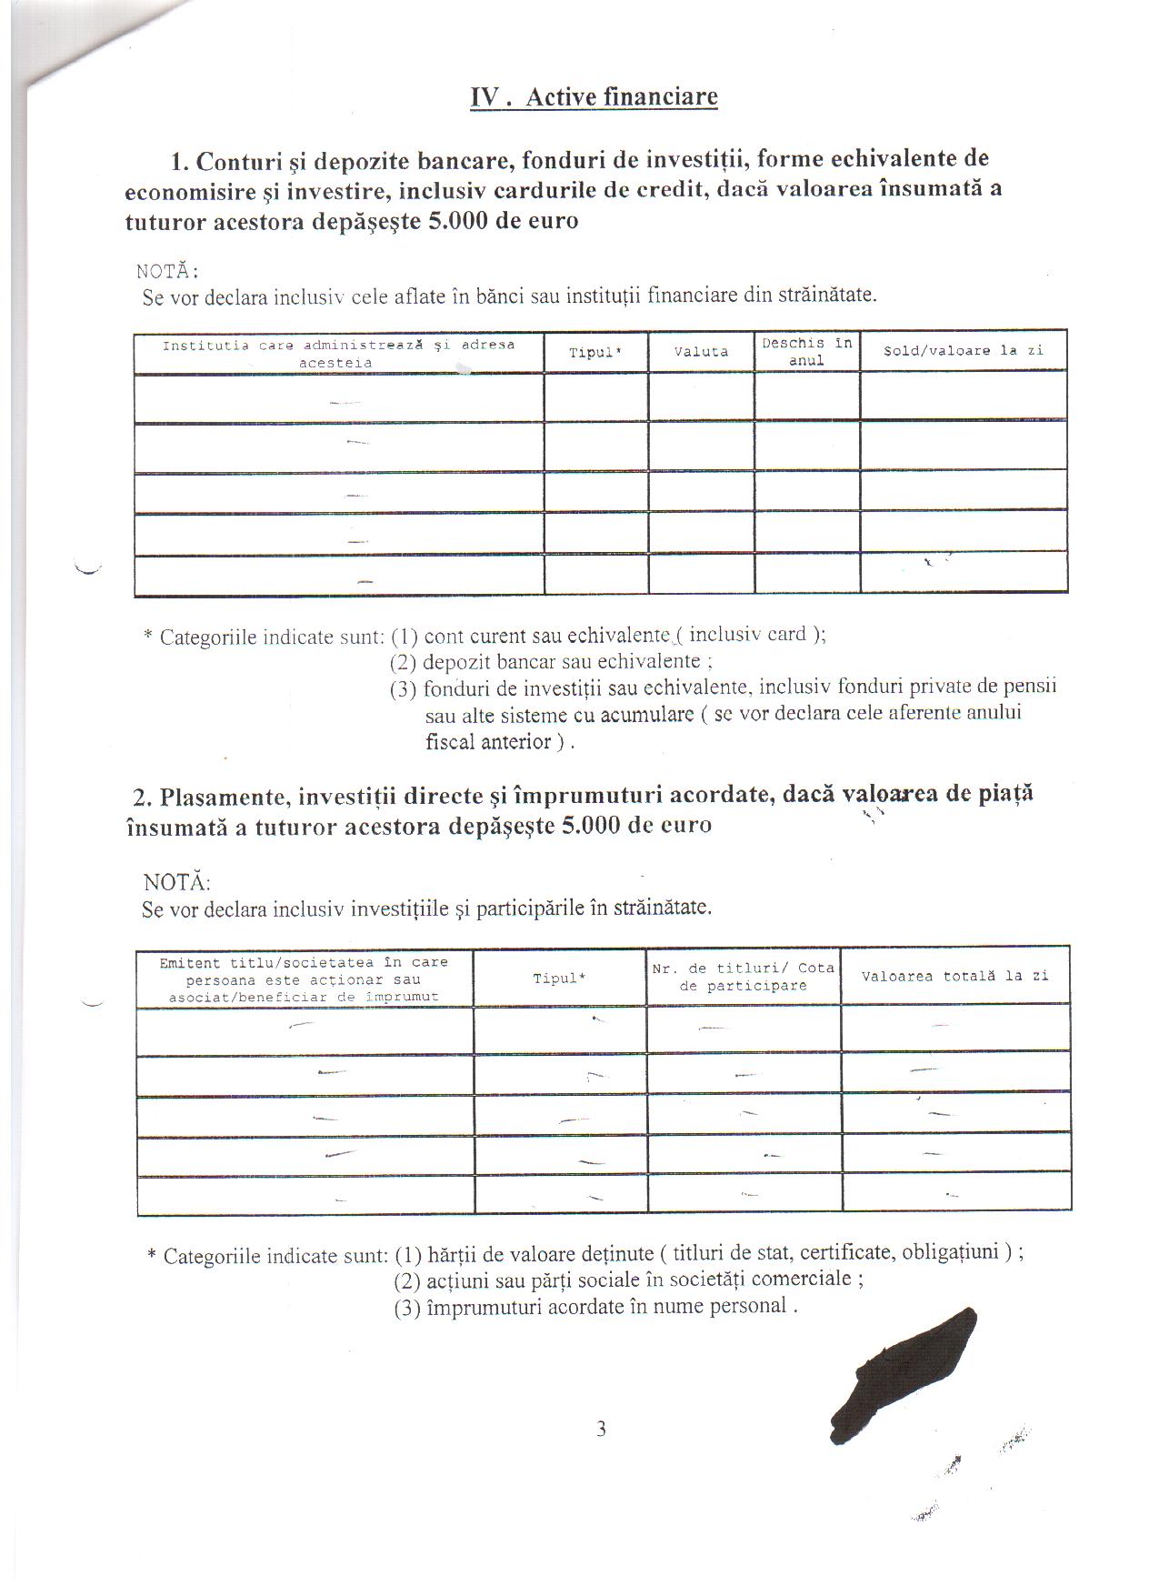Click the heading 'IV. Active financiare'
coord(594,97)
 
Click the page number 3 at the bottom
coord(601,1429)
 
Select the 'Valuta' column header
coord(701,352)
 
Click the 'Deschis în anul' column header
coord(806,351)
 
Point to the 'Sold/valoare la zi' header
coord(963,350)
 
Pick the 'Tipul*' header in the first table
coord(595,353)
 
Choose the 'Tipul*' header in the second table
coord(559,979)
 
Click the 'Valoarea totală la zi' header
coord(954,976)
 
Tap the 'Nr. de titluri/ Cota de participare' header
coord(743,977)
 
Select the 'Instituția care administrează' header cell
coord(338,353)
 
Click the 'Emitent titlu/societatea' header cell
coord(304,979)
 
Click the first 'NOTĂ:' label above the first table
coord(167,271)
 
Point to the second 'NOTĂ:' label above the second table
coord(176,882)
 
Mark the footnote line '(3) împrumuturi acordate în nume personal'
coord(595,1307)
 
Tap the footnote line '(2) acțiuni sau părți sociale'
coord(628,1280)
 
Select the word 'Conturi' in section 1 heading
coord(238,161)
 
